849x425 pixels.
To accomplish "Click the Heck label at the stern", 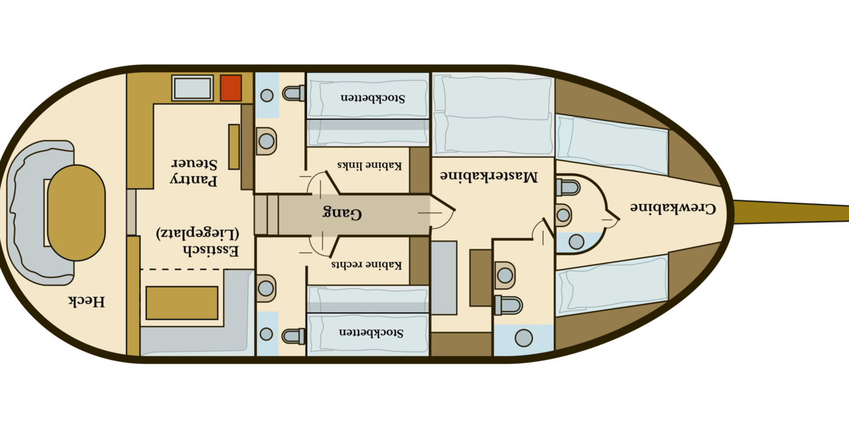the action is (86, 301).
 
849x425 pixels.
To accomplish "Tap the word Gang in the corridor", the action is (342, 213).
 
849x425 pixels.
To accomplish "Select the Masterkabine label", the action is (489, 176).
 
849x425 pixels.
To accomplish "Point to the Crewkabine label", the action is (673, 208).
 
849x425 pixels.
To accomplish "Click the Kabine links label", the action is (369, 166).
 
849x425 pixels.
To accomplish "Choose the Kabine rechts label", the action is (366, 264).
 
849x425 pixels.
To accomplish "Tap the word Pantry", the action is (193, 180).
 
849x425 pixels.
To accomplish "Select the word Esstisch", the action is (211, 251).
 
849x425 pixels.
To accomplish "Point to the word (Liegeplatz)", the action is (197, 233).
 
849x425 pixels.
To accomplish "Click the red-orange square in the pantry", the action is (231, 88).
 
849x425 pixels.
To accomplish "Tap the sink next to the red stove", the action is (192, 88).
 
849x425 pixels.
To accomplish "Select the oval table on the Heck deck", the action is (76, 213).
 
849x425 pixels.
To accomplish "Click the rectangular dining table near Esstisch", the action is (182, 303).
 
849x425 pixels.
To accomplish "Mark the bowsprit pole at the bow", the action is (791, 211).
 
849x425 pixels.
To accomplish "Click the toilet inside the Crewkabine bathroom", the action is (568, 188).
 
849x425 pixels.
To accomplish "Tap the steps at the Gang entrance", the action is (266, 215).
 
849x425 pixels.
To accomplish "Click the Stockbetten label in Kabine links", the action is (373, 98).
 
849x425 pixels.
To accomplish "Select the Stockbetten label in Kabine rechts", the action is (371, 332).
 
